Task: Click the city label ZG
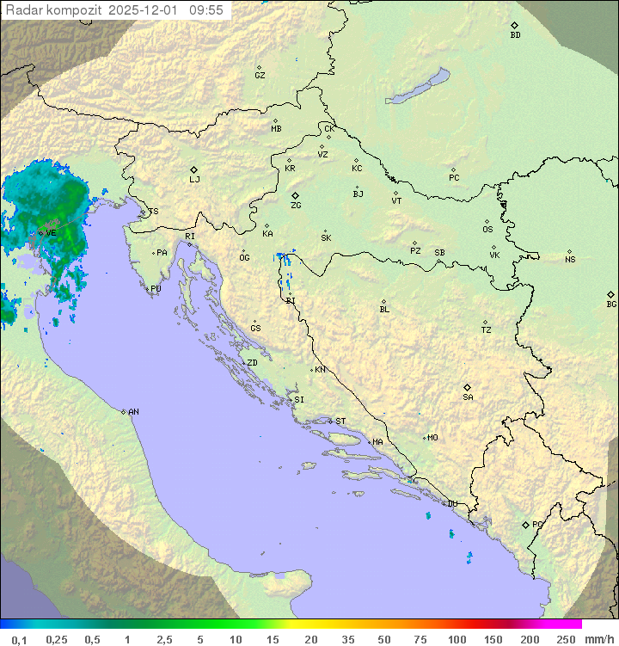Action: click(296, 206)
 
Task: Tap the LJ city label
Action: click(194, 180)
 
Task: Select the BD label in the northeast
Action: click(515, 35)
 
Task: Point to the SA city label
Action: click(468, 397)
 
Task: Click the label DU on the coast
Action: click(451, 504)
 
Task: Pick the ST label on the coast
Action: click(340, 421)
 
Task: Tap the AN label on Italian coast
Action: click(133, 412)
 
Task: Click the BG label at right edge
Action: click(611, 304)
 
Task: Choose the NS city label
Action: click(570, 260)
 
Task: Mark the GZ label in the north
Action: click(260, 76)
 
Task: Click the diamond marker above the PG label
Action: click(526, 524)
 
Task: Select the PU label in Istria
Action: click(156, 289)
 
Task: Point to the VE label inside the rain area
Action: click(51, 233)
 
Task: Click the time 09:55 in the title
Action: click(206, 10)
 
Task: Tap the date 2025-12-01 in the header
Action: click(145, 10)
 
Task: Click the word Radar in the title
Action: click(22, 10)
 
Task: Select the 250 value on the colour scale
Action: click(566, 639)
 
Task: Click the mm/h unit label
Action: click(599, 639)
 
